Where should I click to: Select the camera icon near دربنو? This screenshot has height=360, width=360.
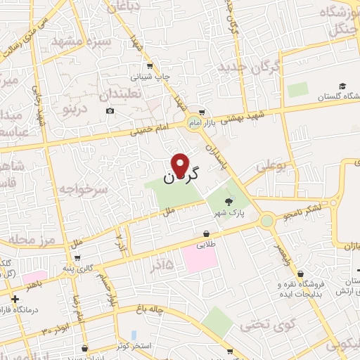[110, 111]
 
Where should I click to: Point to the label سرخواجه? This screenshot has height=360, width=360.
[83, 188]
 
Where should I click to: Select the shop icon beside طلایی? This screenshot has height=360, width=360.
[206, 233]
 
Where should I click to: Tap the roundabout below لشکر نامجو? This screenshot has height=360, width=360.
[267, 221]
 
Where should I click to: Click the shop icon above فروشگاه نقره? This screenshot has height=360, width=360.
[301, 274]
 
